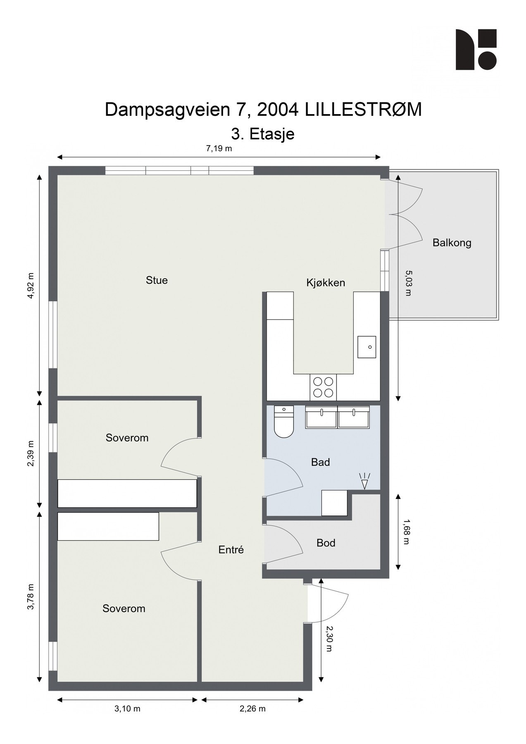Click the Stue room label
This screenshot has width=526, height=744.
click(157, 280)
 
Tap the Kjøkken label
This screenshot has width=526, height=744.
click(326, 283)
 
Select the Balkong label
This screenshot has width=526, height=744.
click(452, 243)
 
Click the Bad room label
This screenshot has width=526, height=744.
click(320, 462)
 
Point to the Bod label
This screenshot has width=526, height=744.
click(326, 543)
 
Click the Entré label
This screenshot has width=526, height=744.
click(231, 550)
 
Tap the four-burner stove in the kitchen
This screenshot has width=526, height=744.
click(323, 387)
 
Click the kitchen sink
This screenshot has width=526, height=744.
click(367, 347)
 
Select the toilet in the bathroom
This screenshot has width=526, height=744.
click(283, 421)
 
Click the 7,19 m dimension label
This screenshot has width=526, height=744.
click(219, 149)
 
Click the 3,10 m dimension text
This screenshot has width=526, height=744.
click(127, 709)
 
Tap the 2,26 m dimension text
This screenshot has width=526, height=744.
click(252, 709)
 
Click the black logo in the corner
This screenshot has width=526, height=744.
click(476, 50)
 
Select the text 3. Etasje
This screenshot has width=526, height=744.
click(263, 134)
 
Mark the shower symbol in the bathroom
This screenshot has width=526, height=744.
click(364, 481)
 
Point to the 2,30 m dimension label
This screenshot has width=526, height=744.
click(329, 639)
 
